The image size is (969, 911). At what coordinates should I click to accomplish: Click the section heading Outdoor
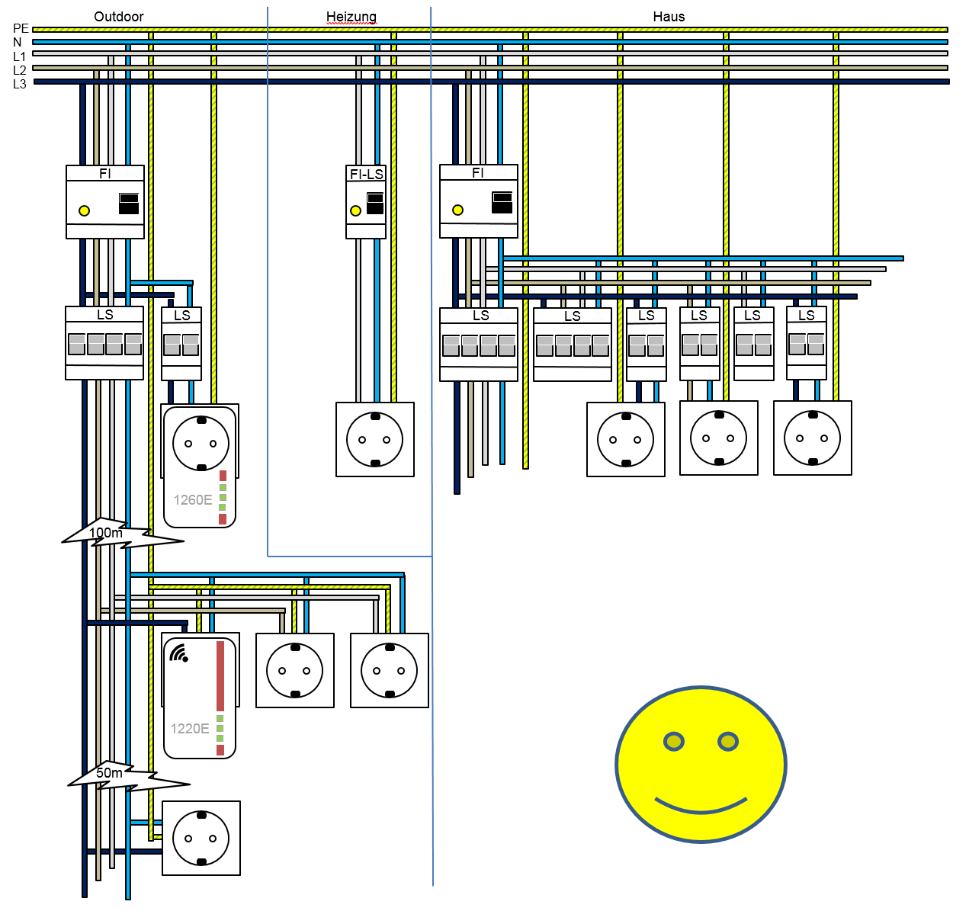118,17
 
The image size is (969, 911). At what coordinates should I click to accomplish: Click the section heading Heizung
351,17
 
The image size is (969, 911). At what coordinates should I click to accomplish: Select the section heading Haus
669,17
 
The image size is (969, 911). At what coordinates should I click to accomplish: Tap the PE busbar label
21,29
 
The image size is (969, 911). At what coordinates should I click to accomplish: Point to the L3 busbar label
20,84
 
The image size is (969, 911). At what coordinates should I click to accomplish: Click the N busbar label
18,43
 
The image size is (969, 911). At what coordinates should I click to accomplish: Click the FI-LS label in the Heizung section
366,175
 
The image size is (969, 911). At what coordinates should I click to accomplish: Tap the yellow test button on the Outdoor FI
85,211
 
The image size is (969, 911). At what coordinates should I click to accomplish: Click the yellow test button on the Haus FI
457,210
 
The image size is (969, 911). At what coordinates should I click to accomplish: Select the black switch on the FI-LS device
375,204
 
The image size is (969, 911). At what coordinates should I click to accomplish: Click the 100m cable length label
105,533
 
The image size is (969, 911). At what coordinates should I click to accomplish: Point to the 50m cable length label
109,773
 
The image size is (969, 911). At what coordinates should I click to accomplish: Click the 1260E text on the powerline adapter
193,500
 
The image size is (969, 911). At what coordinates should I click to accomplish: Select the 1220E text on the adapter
190,729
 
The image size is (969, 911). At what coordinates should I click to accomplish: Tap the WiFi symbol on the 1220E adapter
179,653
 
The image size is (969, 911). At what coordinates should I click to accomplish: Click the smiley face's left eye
674,741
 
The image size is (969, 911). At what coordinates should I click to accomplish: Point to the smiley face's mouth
701,806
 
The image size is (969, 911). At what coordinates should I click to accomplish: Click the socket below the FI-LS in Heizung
375,440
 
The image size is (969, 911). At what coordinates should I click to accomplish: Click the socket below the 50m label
201,838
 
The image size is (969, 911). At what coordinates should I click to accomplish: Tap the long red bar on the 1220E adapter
220,675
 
